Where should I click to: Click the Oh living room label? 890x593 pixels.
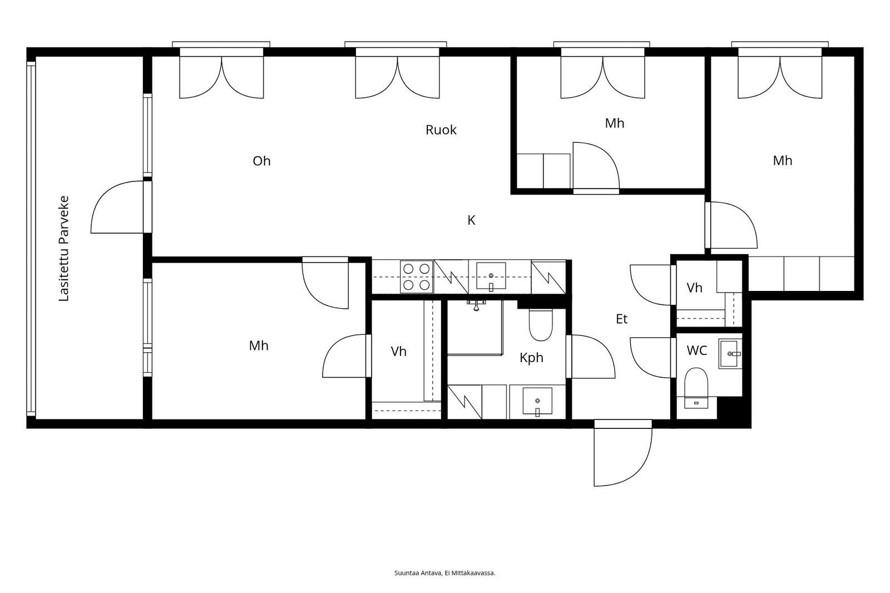261,161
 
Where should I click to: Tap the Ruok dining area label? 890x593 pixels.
441,130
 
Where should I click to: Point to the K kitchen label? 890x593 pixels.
471,220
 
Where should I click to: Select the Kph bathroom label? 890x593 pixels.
531,358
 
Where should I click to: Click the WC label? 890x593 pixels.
697,350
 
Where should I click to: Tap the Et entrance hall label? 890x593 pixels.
622,319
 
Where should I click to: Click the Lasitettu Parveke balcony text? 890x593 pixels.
64,249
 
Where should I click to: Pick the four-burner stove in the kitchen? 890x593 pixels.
417,276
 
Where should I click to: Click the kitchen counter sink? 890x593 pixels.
491,276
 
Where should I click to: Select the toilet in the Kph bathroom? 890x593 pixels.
541,324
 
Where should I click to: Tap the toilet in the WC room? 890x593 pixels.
696,388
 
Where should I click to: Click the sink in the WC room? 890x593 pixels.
730,353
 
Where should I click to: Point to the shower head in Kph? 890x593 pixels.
476,305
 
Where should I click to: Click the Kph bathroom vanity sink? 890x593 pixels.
537,402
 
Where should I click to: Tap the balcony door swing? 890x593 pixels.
117,207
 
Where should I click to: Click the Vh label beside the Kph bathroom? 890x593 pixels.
398,352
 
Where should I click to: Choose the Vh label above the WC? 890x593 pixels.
695,288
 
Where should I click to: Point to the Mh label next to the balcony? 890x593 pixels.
259,346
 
